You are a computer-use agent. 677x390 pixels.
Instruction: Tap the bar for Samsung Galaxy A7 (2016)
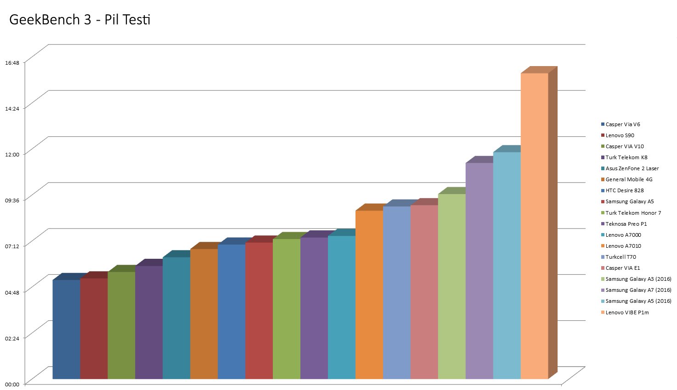click(479, 271)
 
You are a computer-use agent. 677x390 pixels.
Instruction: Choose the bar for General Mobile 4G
click(204, 314)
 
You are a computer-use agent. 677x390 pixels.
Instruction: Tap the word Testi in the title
click(137, 20)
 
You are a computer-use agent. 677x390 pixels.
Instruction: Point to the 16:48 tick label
click(12, 62)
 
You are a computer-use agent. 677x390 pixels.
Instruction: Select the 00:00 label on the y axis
click(12, 384)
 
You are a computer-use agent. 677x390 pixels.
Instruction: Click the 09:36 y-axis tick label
click(12, 200)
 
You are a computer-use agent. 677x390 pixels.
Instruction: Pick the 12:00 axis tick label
click(12, 154)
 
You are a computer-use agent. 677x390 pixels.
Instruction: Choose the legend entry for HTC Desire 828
click(624, 190)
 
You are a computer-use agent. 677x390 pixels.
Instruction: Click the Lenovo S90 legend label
click(620, 135)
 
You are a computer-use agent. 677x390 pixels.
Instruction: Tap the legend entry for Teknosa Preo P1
click(626, 224)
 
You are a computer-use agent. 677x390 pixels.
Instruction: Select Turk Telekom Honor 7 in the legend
click(633, 213)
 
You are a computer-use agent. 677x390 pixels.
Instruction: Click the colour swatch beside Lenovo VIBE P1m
click(603, 312)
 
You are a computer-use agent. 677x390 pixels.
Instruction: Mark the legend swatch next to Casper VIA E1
click(603, 268)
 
